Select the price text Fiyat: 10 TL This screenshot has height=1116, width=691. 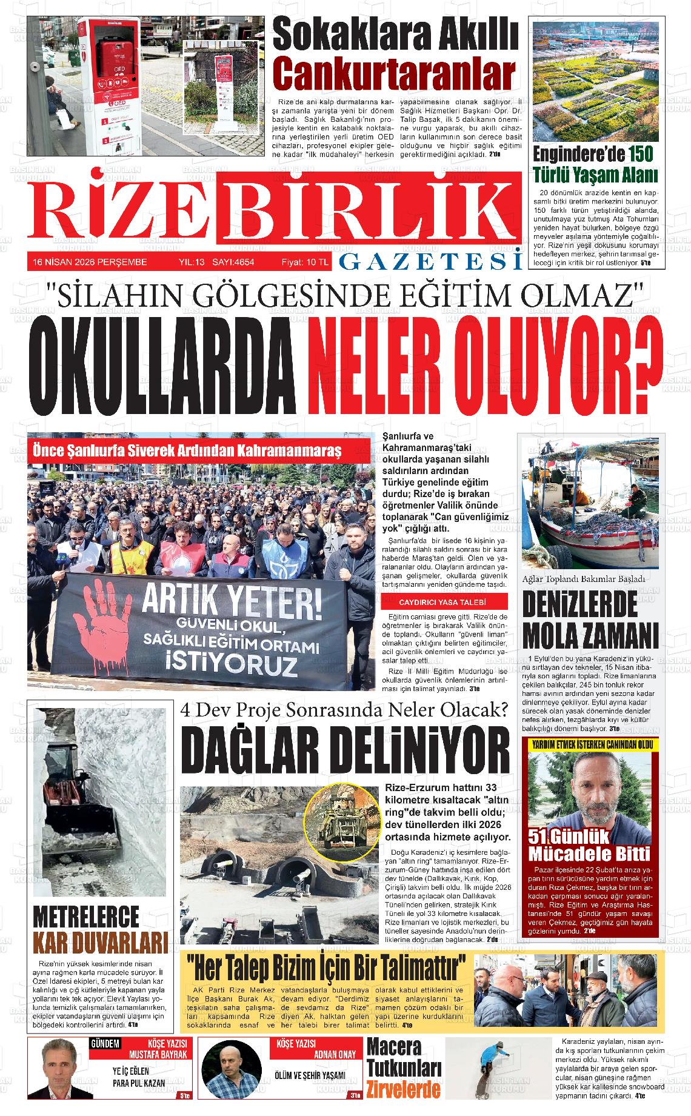coord(305,262)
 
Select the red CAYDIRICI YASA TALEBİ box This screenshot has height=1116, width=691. coord(442,602)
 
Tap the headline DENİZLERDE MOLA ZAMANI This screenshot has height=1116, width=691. coord(590,619)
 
